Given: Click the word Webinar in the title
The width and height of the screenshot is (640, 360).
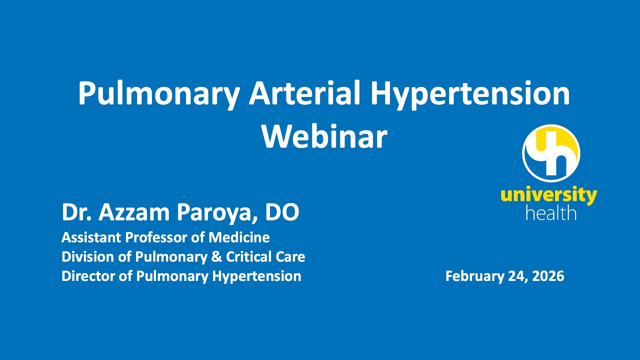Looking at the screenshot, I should coord(324,135).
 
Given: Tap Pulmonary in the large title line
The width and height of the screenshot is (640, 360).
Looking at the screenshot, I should coord(158,93).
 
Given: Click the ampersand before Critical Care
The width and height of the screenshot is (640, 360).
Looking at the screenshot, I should coord(217,256).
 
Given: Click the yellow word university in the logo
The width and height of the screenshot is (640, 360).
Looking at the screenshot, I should coord(548,195).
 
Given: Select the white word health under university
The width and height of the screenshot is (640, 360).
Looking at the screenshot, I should coord(551,213).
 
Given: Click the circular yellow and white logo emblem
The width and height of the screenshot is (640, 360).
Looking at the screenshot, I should coord(550,153).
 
